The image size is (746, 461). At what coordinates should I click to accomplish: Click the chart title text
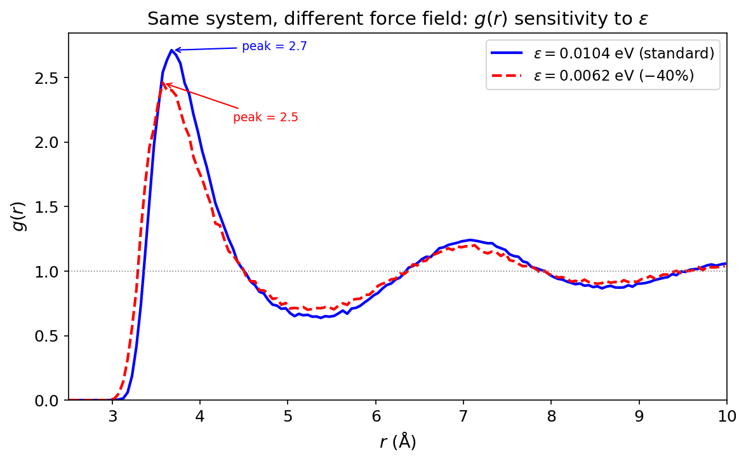pos(397,19)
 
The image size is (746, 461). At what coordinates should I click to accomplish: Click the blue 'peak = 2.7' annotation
pos(274,46)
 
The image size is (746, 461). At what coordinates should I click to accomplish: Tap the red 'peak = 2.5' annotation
pos(265,117)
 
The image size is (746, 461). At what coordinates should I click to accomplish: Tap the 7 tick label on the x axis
pos(463,417)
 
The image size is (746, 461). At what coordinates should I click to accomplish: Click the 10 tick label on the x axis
pos(726,417)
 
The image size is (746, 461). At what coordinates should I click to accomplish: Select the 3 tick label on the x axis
pos(112,417)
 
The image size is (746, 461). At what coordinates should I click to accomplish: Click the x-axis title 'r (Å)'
pos(397,442)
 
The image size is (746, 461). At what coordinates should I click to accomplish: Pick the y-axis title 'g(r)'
pos(20,216)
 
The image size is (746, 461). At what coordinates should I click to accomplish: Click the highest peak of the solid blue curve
pos(171,50)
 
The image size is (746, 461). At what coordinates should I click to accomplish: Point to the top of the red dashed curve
pos(163,83)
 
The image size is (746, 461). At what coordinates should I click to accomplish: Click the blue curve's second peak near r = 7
pos(470,240)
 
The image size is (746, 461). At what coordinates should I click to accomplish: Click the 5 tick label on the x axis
pos(288,417)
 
